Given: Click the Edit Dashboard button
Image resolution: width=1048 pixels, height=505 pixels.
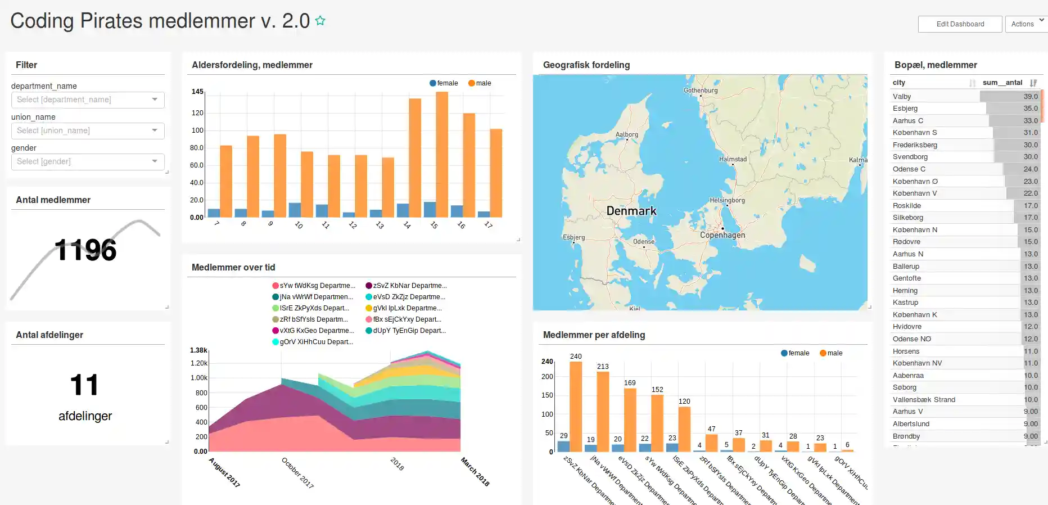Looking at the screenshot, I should click(x=960, y=24).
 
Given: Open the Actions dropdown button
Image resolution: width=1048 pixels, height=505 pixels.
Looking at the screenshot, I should click(x=1026, y=24).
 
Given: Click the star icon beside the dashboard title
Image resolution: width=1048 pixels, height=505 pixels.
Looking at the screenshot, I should click(x=320, y=21).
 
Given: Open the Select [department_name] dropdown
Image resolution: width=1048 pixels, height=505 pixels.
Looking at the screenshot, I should click(x=88, y=100).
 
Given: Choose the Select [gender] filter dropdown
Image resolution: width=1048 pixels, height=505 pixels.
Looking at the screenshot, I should click(x=88, y=161).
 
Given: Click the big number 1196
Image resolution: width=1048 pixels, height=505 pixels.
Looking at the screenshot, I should click(x=85, y=250).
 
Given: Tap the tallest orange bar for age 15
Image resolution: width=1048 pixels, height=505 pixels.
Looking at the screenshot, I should click(x=442, y=155).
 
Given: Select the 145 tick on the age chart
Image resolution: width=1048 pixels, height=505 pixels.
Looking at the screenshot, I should click(x=197, y=92).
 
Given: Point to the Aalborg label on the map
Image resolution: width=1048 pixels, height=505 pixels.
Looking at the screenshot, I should click(x=626, y=134).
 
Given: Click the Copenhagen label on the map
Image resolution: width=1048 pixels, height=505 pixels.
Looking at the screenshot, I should click(x=722, y=235).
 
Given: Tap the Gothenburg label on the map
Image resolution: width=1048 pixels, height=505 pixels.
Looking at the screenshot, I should click(x=701, y=90).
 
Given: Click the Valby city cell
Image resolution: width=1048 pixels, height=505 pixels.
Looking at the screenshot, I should click(x=902, y=97).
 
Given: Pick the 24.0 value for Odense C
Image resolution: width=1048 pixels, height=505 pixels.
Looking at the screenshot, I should click(x=1030, y=169).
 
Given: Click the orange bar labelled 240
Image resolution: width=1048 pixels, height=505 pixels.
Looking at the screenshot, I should click(x=576, y=406).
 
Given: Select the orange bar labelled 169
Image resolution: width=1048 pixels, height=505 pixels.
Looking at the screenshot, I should click(x=630, y=420).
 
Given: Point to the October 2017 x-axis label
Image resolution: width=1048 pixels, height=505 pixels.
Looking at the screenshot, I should click(x=297, y=472).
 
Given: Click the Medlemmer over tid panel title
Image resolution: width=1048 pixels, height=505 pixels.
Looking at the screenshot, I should click(x=233, y=268).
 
